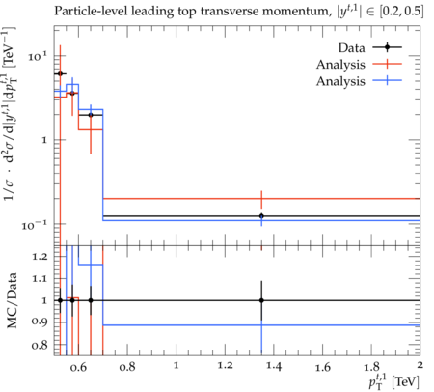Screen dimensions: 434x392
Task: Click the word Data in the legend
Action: pyautogui.click(x=351, y=48)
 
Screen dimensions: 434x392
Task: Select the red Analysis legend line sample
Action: pyautogui.click(x=388, y=64)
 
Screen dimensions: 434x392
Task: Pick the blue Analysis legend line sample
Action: pyautogui.click(x=388, y=80)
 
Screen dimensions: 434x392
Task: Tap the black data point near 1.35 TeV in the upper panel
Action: pyautogui.click(x=261, y=216)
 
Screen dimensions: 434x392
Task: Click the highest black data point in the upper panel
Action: pyautogui.click(x=60, y=73)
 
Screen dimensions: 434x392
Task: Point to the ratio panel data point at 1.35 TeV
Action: pyautogui.click(x=261, y=300)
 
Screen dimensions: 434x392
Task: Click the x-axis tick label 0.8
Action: pyautogui.click(x=127, y=367)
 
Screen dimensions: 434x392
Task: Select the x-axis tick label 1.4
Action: pyautogui.click(x=274, y=367)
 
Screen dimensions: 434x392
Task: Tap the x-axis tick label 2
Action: pyautogui.click(x=420, y=365)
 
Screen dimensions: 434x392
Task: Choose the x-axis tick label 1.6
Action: pyautogui.click(x=323, y=367)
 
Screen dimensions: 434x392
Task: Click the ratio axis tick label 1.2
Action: pyautogui.click(x=40, y=257)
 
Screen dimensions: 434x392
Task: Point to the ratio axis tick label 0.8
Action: pyautogui.click(x=40, y=346)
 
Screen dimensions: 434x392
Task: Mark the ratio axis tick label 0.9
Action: pyautogui.click(x=40, y=322)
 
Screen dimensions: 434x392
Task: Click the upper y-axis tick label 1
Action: pyautogui.click(x=44, y=140)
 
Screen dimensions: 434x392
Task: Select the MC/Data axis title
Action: pyautogui.click(x=13, y=300)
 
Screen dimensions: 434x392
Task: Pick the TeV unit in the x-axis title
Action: pyautogui.click(x=406, y=381)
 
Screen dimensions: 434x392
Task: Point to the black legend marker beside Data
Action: pyautogui.click(x=388, y=47)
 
